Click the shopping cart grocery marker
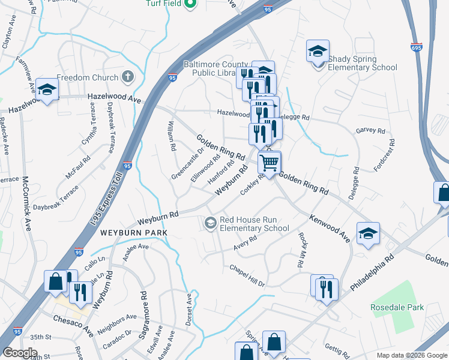270,161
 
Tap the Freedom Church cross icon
127,77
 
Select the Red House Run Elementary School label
254,224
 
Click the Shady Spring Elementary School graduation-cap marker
318,52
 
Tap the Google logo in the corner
20,353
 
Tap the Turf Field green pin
190,4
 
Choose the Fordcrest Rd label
384,156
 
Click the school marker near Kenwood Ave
368,233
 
